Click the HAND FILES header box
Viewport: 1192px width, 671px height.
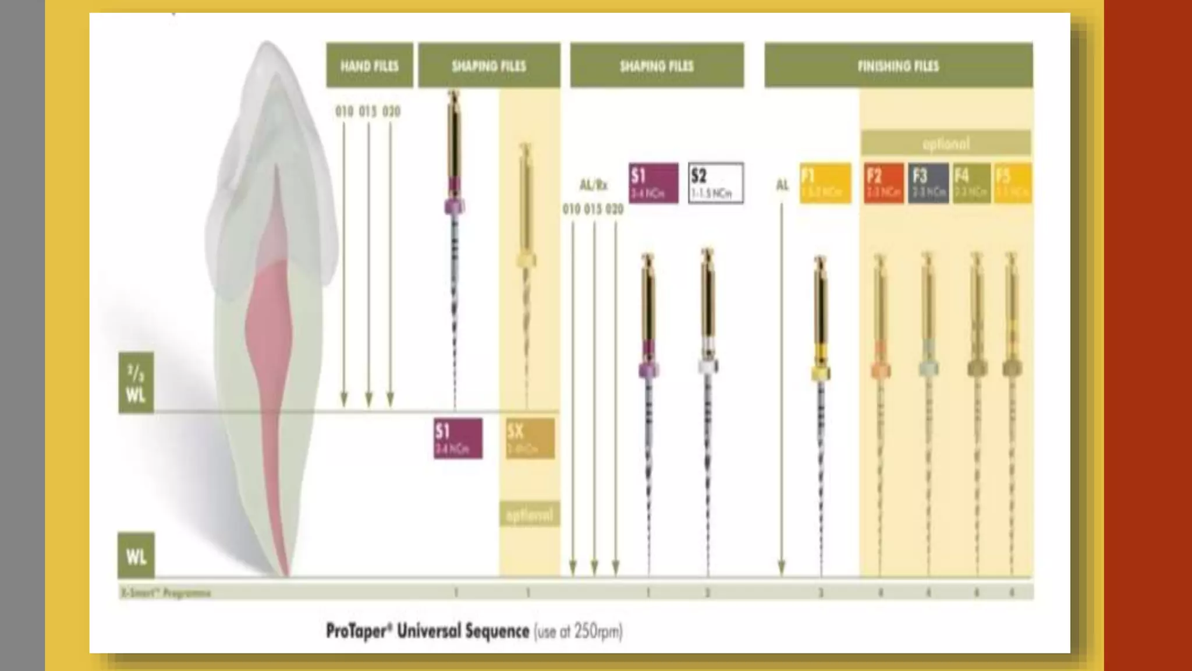(x=370, y=65)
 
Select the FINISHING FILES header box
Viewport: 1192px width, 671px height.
(x=898, y=65)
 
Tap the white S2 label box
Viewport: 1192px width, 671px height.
(x=715, y=183)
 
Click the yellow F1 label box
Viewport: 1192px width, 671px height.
(x=825, y=183)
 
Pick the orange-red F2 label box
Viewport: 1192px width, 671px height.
(x=884, y=183)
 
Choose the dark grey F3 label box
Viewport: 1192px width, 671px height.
(x=928, y=183)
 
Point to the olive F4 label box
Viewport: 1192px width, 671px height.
(x=971, y=183)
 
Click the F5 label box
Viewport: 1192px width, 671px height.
(x=1013, y=183)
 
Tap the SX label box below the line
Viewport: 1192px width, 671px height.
(x=530, y=439)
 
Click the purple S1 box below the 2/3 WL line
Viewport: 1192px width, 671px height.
(x=458, y=439)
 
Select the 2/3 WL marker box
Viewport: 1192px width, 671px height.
(x=136, y=383)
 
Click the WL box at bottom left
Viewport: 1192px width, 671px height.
(x=136, y=556)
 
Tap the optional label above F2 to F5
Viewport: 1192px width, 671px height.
(x=946, y=143)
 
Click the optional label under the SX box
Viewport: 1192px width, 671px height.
(x=530, y=515)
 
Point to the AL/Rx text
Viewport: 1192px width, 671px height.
(x=593, y=185)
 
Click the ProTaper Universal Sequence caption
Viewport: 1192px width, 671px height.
(x=474, y=631)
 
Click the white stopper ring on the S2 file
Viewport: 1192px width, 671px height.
(x=707, y=366)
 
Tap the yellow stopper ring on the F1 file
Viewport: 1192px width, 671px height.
(x=821, y=373)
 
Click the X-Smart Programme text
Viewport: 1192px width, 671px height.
(x=166, y=593)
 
